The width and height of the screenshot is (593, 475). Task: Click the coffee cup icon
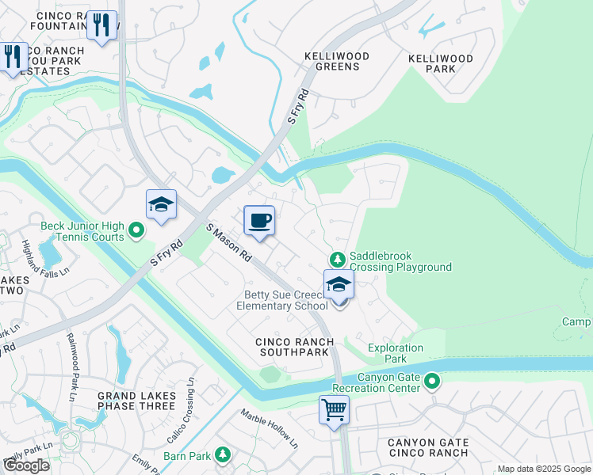[258, 221]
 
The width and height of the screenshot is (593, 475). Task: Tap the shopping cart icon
[335, 410]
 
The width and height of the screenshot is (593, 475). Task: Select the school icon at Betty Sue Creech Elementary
[339, 284]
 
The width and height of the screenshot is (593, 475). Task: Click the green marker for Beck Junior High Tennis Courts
[136, 231]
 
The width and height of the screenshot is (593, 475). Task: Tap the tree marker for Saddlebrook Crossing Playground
[338, 260]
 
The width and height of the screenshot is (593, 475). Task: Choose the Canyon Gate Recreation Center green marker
[432, 382]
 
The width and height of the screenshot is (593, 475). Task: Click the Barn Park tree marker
[223, 454]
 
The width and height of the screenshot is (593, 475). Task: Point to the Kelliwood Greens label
[332, 61]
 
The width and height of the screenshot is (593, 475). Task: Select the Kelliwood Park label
[441, 63]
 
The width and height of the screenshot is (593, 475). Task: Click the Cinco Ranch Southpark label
[294, 347]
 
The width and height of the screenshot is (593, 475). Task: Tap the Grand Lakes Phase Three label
[136, 400]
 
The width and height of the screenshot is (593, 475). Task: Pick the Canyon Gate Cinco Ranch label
[428, 448]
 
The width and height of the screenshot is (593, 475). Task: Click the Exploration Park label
[396, 353]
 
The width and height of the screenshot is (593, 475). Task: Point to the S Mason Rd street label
[229, 244]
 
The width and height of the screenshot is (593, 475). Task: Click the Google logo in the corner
[26, 465]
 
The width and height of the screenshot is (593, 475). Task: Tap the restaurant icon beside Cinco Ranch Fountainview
[102, 26]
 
